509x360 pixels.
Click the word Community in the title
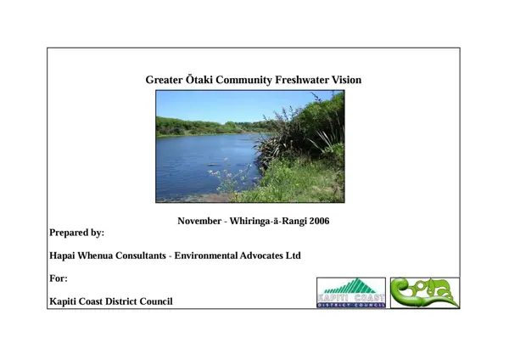243,81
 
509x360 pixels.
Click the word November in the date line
199,221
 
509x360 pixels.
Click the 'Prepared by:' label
77,233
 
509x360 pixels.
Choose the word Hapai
64,256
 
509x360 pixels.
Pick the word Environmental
210,256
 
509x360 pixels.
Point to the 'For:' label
59,278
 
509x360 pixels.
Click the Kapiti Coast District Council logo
350,293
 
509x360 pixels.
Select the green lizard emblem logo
424,293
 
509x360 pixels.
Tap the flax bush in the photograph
293,140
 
